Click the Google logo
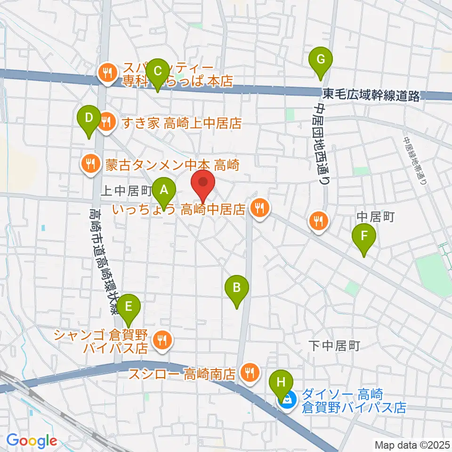(x=32, y=441)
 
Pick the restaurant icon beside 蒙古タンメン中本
(x=89, y=164)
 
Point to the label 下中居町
(x=335, y=347)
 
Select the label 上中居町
(x=126, y=190)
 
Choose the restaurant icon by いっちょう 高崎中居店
(x=259, y=207)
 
